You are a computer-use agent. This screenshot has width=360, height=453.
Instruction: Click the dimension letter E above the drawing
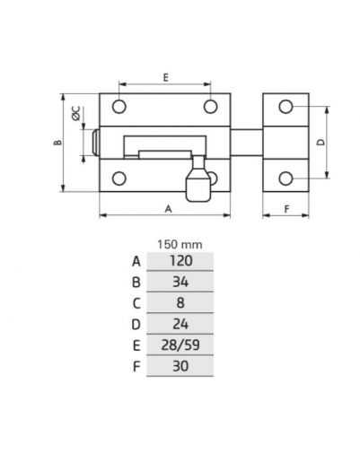[165, 77]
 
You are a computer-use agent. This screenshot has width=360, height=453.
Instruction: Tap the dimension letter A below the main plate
[169, 209]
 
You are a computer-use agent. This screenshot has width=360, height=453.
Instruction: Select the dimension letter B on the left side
[57, 143]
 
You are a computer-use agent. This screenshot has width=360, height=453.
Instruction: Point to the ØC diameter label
[76, 113]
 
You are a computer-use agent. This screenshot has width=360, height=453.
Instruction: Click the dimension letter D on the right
[320, 142]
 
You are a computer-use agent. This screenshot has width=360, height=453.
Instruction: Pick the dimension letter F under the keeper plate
[286, 209]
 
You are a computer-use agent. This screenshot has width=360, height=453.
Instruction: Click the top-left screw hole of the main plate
[119, 107]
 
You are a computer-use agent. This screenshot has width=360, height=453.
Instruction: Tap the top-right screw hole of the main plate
[210, 107]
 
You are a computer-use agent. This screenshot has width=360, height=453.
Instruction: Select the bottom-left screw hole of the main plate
[119, 179]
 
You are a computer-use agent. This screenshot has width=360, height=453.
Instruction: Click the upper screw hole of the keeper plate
[285, 107]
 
